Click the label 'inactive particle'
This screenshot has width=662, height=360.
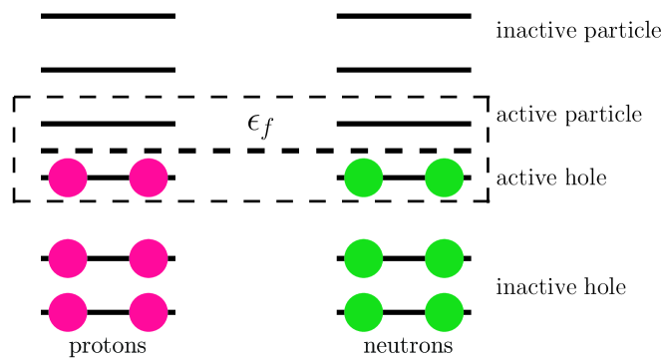tap(578, 30)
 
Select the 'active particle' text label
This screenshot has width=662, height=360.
tap(569, 114)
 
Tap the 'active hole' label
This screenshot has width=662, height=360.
tap(551, 179)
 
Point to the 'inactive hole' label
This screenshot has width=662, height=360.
tap(560, 287)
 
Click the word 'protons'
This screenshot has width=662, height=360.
tap(108, 347)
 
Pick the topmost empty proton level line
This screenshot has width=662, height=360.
tap(108, 16)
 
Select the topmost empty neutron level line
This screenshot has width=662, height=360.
tap(404, 16)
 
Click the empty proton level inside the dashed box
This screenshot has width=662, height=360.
tap(108, 124)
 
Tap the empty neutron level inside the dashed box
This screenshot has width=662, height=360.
tap(404, 124)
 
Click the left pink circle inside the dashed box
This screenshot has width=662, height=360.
tap(68, 179)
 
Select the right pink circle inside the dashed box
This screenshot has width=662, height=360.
tap(148, 179)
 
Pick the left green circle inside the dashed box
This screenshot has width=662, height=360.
tap(364, 179)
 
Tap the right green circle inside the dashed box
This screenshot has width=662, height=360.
tap(444, 179)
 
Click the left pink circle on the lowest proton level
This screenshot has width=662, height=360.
tap(68, 313)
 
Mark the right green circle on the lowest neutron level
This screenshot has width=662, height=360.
tap(444, 313)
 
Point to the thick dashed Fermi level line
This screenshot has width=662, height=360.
tap(259, 151)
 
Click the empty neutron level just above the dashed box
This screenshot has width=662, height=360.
tap(404, 70)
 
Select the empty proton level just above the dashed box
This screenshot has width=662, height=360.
tap(108, 70)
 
